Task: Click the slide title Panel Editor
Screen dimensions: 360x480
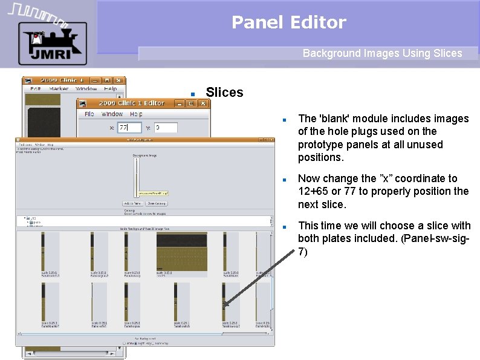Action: pyautogui.click(x=288, y=22)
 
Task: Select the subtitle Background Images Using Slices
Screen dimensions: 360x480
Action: pyautogui.click(x=382, y=53)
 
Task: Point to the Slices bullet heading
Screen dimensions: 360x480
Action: pyautogui.click(x=224, y=93)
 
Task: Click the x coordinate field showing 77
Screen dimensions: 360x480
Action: pyautogui.click(x=128, y=128)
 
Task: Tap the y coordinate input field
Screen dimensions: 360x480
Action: pyautogui.click(x=166, y=128)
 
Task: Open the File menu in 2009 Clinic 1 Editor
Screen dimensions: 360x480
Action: pyautogui.click(x=89, y=114)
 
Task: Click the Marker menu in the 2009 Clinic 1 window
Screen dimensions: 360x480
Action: pyautogui.click(x=59, y=89)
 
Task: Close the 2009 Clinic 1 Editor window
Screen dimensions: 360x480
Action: pyautogui.click(x=203, y=103)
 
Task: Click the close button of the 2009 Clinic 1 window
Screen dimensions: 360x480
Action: pyautogui.click(x=119, y=80)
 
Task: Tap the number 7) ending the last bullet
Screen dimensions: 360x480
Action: pyautogui.click(x=302, y=252)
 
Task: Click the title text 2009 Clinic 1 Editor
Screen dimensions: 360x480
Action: pyautogui.click(x=131, y=103)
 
